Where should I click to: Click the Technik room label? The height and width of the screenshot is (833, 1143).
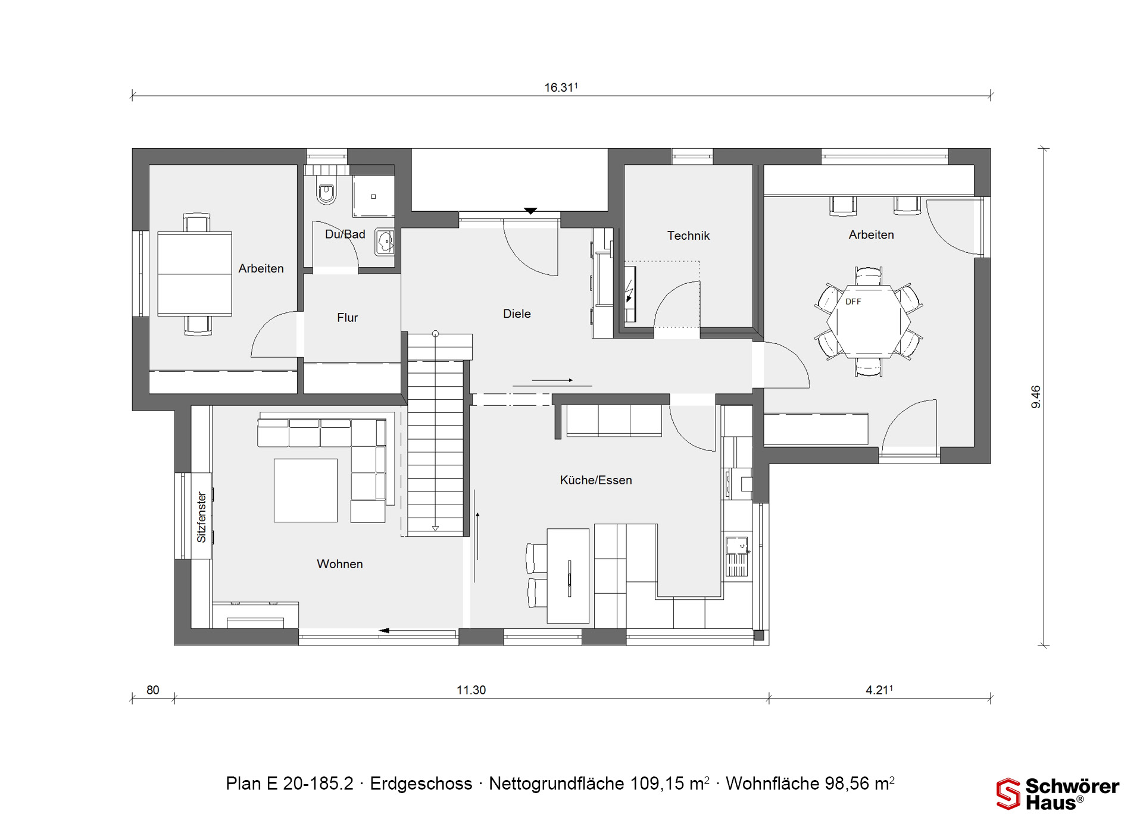tap(688, 236)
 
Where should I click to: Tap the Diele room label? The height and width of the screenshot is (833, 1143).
tap(517, 314)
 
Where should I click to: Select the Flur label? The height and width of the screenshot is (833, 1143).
tap(347, 318)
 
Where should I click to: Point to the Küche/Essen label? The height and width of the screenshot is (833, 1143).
tap(596, 480)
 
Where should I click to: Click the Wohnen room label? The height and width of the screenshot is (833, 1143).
tap(339, 564)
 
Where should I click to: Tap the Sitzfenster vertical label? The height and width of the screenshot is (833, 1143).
tap(201, 517)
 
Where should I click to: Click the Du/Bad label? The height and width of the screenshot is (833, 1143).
tap(345, 234)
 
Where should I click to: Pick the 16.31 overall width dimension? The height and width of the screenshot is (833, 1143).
tap(561, 87)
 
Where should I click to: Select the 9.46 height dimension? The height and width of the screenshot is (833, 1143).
tap(1036, 397)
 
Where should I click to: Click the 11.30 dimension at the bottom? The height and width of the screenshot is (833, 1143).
tap(471, 690)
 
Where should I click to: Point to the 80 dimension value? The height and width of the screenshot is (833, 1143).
tap(153, 690)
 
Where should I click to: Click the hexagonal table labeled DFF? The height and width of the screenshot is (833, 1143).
tap(868, 321)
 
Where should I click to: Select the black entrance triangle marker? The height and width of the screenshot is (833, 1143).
tap(530, 211)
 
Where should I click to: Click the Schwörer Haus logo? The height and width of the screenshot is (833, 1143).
tap(1058, 794)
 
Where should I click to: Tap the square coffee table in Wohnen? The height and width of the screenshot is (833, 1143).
tap(305, 490)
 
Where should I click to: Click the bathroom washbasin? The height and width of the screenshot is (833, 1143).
tap(385, 242)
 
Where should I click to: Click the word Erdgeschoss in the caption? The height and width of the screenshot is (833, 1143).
tap(421, 784)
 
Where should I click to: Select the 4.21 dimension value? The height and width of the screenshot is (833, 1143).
tap(879, 690)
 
